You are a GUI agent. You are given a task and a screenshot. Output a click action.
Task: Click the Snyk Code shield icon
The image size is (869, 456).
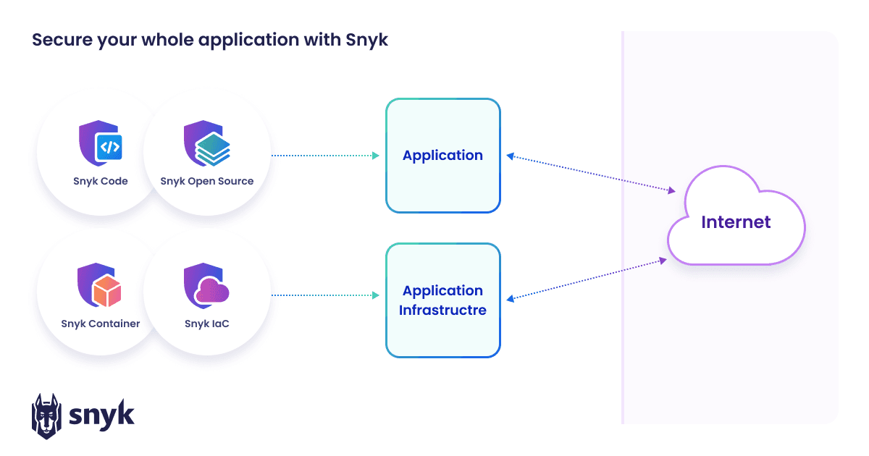100,144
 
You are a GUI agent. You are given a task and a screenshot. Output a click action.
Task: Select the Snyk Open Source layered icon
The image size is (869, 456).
206,144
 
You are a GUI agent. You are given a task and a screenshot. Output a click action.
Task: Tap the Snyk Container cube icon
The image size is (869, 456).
100,287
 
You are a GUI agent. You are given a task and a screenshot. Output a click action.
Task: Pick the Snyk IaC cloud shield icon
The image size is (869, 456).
206,287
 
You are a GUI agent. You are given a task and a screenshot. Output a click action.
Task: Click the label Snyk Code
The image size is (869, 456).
100,181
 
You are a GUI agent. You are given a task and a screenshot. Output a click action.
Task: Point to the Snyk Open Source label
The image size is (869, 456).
207,181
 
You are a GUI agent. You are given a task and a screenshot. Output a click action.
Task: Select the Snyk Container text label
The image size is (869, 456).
100,324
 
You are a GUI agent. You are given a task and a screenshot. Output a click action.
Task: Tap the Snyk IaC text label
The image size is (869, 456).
207,324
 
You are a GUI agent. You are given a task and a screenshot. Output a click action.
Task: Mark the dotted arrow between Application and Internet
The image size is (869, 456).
590,174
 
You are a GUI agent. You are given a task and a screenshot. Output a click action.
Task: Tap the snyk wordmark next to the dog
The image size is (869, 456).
101,415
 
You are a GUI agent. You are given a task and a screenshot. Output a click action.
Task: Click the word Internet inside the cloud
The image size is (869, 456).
736,221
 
